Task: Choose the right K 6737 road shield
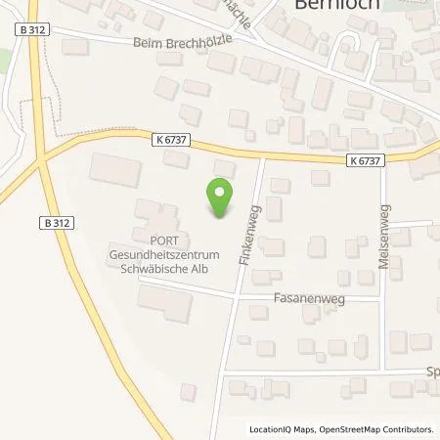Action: point(364,159)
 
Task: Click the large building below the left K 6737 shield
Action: point(115,168)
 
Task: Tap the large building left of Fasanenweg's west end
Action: point(170,304)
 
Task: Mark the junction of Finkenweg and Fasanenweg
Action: point(236,293)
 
